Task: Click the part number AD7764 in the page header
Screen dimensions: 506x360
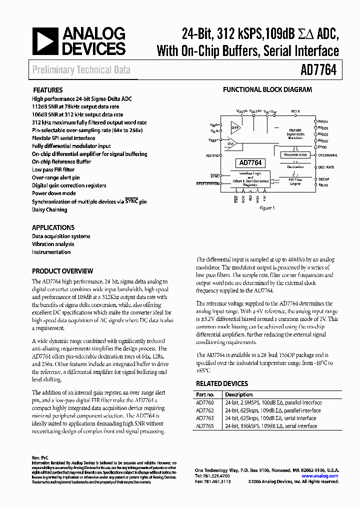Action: coord(318,70)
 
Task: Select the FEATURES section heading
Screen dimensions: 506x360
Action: coord(47,90)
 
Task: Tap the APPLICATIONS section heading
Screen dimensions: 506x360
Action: coord(53,227)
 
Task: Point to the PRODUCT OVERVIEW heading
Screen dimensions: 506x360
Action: coord(62,271)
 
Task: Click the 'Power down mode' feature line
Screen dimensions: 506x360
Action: coord(54,193)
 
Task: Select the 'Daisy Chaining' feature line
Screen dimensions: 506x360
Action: coord(49,209)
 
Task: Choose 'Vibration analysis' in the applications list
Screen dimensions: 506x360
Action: coord(53,244)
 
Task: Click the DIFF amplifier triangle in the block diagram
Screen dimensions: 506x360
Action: coord(234,127)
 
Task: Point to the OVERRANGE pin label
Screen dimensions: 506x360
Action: coord(327,155)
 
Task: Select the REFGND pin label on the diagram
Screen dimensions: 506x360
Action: coord(212,155)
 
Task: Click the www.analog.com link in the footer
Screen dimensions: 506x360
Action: coord(320,476)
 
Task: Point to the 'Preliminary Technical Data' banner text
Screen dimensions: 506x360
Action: coord(81,70)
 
